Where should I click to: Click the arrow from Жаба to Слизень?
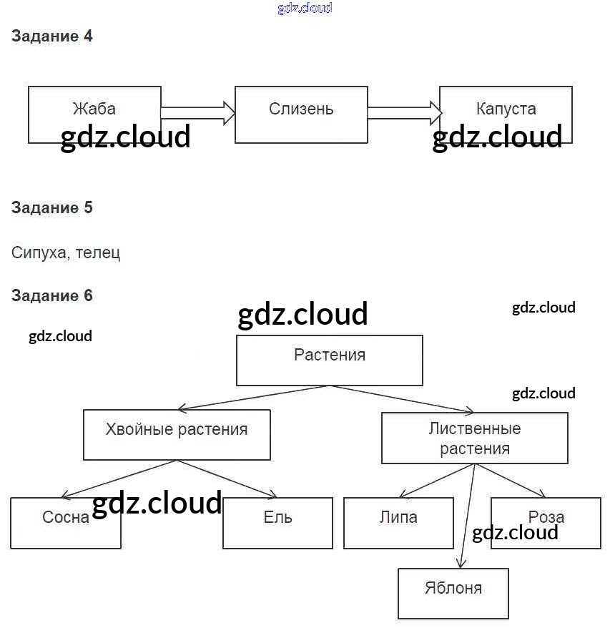pyautogui.click(x=198, y=112)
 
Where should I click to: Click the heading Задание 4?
pyautogui.click(x=52, y=36)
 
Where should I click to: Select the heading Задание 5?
pyautogui.click(x=52, y=208)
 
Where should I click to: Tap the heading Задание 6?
pyautogui.click(x=52, y=295)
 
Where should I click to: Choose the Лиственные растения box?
pyautogui.click(x=475, y=438)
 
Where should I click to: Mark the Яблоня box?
pyautogui.click(x=453, y=593)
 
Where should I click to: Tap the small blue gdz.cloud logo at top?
pyautogui.click(x=305, y=9)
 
